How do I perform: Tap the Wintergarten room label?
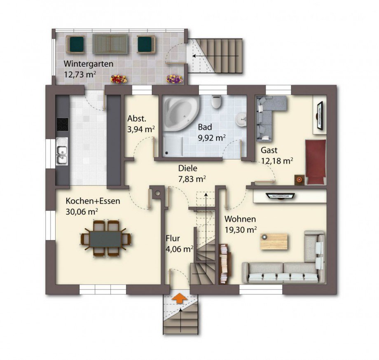pyautogui.click(x=89, y=64)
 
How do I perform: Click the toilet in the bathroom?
pyautogui.click(x=216, y=102)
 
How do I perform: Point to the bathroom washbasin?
pyautogui.click(x=241, y=119)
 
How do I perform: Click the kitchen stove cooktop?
pyautogui.click(x=62, y=124)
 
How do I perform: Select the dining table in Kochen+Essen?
pyautogui.click(x=105, y=238)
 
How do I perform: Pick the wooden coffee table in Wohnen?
pyautogui.click(x=274, y=241)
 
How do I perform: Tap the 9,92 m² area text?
pyautogui.click(x=212, y=138)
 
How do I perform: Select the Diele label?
pyautogui.click(x=187, y=168)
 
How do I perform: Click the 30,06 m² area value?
pyautogui.click(x=82, y=212)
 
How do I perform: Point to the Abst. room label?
pyautogui.click(x=137, y=119)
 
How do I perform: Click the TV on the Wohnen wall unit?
pyautogui.click(x=280, y=196)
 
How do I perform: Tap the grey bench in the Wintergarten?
pyautogui.click(x=110, y=44)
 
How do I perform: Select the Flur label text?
pyautogui.click(x=173, y=238)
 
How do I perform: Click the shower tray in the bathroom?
pyautogui.click(x=173, y=145)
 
